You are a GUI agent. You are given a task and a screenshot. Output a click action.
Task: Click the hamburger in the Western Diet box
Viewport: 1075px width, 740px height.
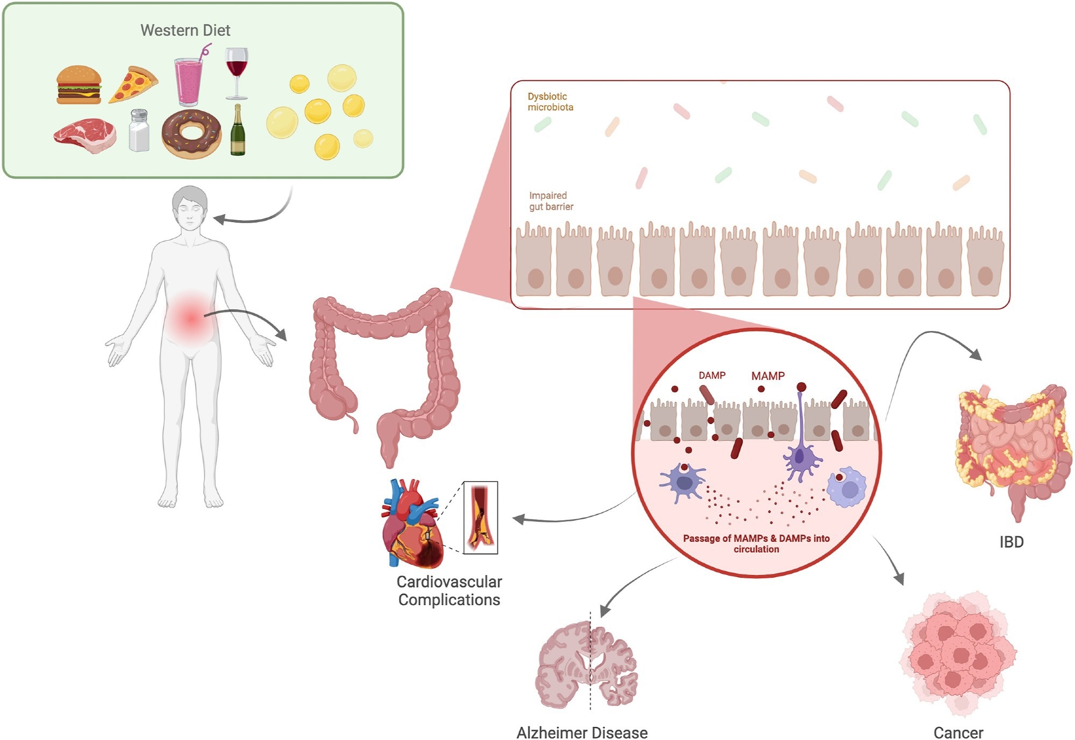[78, 85]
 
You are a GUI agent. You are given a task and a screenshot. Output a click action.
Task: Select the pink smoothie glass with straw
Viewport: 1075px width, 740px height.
[189, 81]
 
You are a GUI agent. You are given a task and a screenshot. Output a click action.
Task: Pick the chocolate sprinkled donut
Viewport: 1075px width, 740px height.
[191, 133]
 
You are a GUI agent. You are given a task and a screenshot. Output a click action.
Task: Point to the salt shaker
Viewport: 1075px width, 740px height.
[139, 130]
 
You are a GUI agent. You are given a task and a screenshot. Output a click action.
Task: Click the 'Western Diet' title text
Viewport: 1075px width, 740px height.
[185, 30]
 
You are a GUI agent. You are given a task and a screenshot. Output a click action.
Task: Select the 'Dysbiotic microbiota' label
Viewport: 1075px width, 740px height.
[550, 102]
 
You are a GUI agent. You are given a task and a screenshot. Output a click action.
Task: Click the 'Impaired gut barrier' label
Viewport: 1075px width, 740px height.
[550, 201]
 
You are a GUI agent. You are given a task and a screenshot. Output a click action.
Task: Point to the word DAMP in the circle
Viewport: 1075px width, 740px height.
[712, 375]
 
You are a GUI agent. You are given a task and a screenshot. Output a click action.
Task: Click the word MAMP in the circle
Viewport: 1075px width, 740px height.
[768, 376]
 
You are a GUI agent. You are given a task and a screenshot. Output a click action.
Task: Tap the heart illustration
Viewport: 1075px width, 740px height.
[411, 524]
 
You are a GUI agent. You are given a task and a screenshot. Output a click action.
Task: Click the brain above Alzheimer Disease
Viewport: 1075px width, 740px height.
[586, 664]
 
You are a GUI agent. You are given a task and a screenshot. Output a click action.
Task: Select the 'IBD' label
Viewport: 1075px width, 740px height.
[1011, 542]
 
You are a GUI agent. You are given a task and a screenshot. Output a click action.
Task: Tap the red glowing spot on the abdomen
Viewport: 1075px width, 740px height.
[191, 318]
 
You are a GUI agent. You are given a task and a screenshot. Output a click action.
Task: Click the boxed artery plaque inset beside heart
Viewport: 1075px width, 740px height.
[480, 518]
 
